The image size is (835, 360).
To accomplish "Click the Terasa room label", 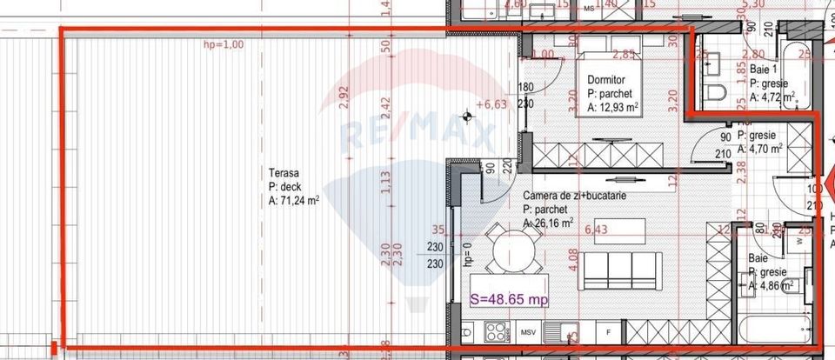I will click(284, 172).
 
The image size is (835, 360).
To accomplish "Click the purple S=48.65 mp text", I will click(509, 298).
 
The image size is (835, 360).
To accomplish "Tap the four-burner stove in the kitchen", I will click(496, 332).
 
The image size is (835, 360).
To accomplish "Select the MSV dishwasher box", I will click(528, 333).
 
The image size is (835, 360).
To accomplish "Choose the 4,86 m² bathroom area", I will click(775, 284).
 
